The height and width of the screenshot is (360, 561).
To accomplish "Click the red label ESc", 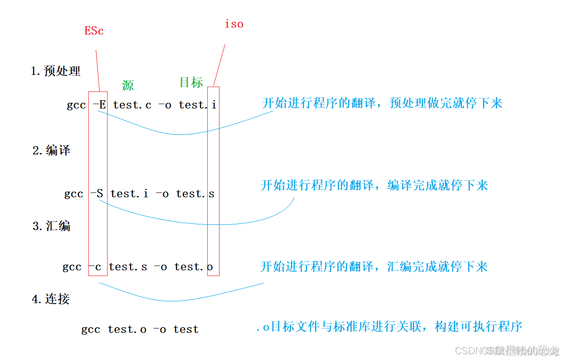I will pos(94,31).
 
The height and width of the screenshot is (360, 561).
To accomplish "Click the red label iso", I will pos(234,24).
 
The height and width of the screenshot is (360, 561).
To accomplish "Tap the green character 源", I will pos(128,85).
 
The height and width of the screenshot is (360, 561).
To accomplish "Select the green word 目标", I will pos(191,82).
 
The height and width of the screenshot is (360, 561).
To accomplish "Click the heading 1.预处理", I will pos(56,71).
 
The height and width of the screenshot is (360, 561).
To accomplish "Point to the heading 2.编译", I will pos(51,150).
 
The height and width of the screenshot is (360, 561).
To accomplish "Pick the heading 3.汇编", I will pos(51,226).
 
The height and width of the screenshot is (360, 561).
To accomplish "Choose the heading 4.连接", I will pos(51,299).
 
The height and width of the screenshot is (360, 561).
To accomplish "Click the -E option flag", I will pos(99,105).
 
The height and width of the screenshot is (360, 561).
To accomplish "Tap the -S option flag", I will pos(97,193).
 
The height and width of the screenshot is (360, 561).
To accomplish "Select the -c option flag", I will pos(95,267).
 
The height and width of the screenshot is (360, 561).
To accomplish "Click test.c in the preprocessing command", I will pos(132,105).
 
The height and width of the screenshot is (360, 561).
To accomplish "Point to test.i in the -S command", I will pos(129,193).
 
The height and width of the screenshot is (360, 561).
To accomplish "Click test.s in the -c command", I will pos(128,267).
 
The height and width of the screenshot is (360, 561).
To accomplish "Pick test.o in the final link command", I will pos(127,329).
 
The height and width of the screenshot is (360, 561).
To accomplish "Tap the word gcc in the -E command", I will pos(76,105).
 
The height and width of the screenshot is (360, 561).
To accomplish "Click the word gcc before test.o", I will pos(91,330).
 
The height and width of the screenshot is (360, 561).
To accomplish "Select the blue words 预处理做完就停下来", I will pos(446,103).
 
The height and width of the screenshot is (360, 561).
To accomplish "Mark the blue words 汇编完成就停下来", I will pos(437,267).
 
